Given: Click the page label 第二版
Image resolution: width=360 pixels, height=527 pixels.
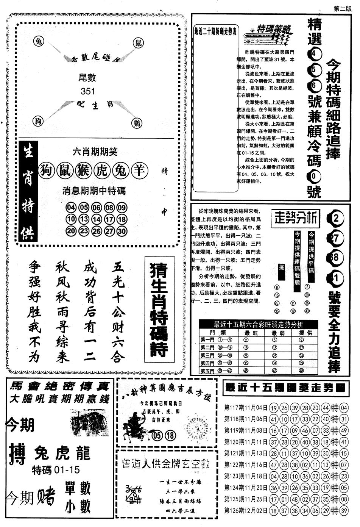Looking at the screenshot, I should click(x=343, y=8).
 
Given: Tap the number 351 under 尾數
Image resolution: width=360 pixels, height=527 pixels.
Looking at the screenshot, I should click(x=87, y=91).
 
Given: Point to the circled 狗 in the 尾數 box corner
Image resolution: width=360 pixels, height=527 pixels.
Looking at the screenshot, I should click(x=38, y=120).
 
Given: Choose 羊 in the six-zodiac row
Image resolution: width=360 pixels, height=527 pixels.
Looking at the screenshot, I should click(x=139, y=171).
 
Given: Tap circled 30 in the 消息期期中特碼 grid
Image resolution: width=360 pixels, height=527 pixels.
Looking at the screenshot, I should click(x=122, y=231).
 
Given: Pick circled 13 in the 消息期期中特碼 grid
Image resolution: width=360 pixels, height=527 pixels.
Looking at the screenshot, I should click(x=84, y=219).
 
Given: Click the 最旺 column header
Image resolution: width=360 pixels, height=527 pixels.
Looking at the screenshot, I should click(x=251, y=332).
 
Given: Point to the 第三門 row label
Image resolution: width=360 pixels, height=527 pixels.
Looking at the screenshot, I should click(x=207, y=355).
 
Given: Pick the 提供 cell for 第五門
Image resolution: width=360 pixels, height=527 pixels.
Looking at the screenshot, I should click(x=301, y=371).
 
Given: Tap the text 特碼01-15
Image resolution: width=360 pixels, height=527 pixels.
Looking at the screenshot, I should click(x=56, y=470).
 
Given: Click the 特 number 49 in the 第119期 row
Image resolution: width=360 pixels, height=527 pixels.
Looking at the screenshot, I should click(x=344, y=431).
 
